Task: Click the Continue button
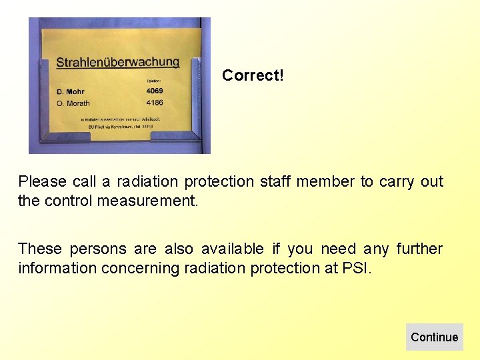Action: coord(434,337)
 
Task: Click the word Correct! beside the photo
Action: coord(253,75)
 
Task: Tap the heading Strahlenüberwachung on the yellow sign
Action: coord(118,62)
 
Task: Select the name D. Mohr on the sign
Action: coord(71,91)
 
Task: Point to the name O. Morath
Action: coord(73,103)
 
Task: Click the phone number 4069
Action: coord(155,91)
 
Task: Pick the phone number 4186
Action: coord(155,103)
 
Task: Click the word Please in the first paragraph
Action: coord(41,181)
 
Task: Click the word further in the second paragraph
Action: coord(419,249)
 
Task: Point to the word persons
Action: coord(97,249)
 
